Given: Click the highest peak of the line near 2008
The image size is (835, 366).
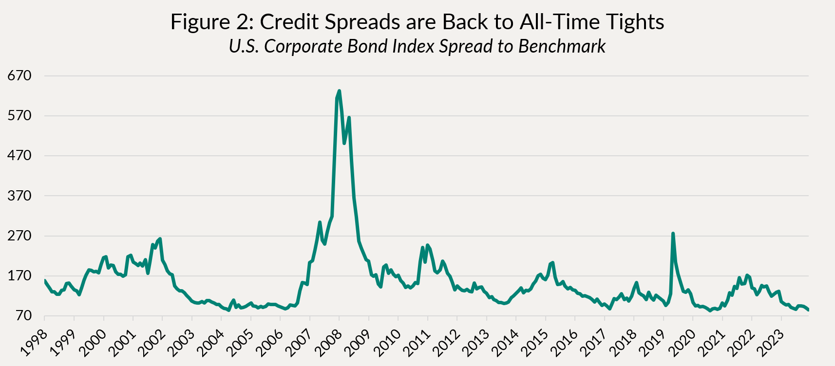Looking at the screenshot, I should [x=339, y=91].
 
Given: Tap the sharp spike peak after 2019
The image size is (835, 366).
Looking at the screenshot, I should [x=673, y=234].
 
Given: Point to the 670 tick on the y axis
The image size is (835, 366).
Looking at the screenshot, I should [x=20, y=76].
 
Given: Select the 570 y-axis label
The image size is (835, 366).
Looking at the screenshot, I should [x=20, y=116].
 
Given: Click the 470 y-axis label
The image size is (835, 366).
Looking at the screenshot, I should [x=20, y=156].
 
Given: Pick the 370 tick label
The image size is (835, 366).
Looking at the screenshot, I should [x=20, y=196].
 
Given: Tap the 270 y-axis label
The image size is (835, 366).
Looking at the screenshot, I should [x=20, y=236].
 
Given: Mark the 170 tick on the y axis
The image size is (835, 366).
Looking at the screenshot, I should [x=20, y=276].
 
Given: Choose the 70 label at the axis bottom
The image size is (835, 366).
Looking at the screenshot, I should [x=23, y=316].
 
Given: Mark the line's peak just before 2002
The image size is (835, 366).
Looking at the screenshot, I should [x=160, y=239].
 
